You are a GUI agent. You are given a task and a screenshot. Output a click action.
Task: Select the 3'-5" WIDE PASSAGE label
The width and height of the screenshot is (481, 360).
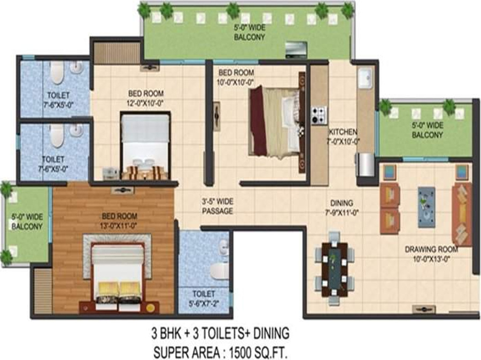[218, 206]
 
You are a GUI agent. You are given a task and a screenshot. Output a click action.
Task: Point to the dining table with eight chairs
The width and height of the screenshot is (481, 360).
[334, 269]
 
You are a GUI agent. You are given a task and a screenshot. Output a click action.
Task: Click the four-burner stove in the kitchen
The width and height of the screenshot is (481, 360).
[319, 114]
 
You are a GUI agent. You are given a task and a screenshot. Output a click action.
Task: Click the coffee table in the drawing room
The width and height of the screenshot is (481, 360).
[426, 206]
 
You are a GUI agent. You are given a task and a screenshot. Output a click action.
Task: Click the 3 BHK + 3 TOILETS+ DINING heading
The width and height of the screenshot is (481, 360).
[219, 334]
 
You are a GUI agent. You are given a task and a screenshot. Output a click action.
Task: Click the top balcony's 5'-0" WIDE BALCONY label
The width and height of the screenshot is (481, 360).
[246, 34]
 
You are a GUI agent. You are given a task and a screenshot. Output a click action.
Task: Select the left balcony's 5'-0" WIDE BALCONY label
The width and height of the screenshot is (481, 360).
[27, 222]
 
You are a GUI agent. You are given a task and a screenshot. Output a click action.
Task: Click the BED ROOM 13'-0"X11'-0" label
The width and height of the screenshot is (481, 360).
[120, 220]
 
